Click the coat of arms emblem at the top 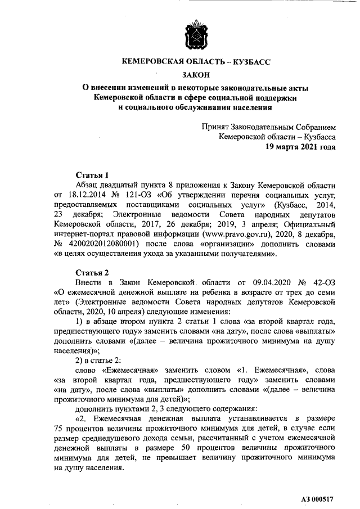[195, 35]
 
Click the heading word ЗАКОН [195, 74]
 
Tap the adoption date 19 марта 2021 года [301, 147]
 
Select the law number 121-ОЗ [138, 194]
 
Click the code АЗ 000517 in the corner [316, 499]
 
